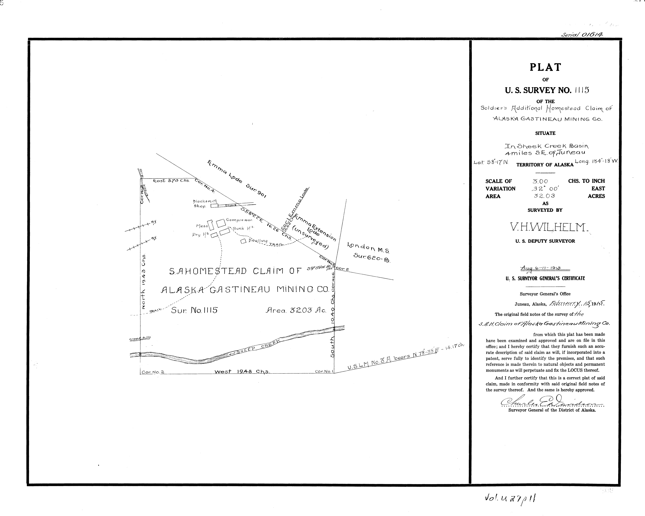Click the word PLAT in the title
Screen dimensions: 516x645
coord(545,67)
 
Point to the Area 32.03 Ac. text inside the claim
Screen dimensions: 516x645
coord(296,310)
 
